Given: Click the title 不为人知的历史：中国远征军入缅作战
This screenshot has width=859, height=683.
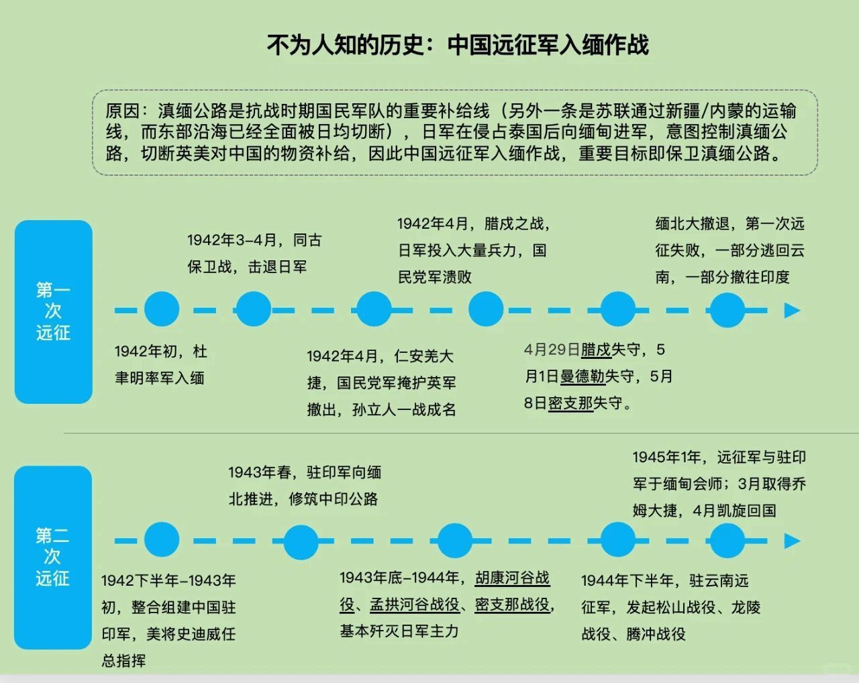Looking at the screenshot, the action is [x=458, y=45].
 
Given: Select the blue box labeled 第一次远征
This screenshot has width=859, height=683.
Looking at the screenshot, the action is [x=53, y=311].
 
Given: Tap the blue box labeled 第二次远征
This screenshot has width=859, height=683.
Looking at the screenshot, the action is [x=52, y=557].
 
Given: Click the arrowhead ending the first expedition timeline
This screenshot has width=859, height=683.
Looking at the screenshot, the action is [x=793, y=310].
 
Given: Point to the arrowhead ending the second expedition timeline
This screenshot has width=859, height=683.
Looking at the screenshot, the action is [x=793, y=541].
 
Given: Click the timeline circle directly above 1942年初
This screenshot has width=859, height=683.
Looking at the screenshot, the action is [x=162, y=309].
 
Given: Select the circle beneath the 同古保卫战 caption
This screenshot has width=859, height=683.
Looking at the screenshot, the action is [x=253, y=309].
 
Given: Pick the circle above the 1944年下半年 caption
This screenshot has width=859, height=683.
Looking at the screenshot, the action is [x=617, y=540].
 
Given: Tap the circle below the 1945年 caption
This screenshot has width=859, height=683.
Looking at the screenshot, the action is [x=727, y=540].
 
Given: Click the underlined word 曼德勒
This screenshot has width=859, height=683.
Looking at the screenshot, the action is [x=583, y=376].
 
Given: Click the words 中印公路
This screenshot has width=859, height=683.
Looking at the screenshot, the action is [x=348, y=498].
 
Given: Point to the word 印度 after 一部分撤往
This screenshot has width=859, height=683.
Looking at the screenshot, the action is [x=774, y=277].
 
